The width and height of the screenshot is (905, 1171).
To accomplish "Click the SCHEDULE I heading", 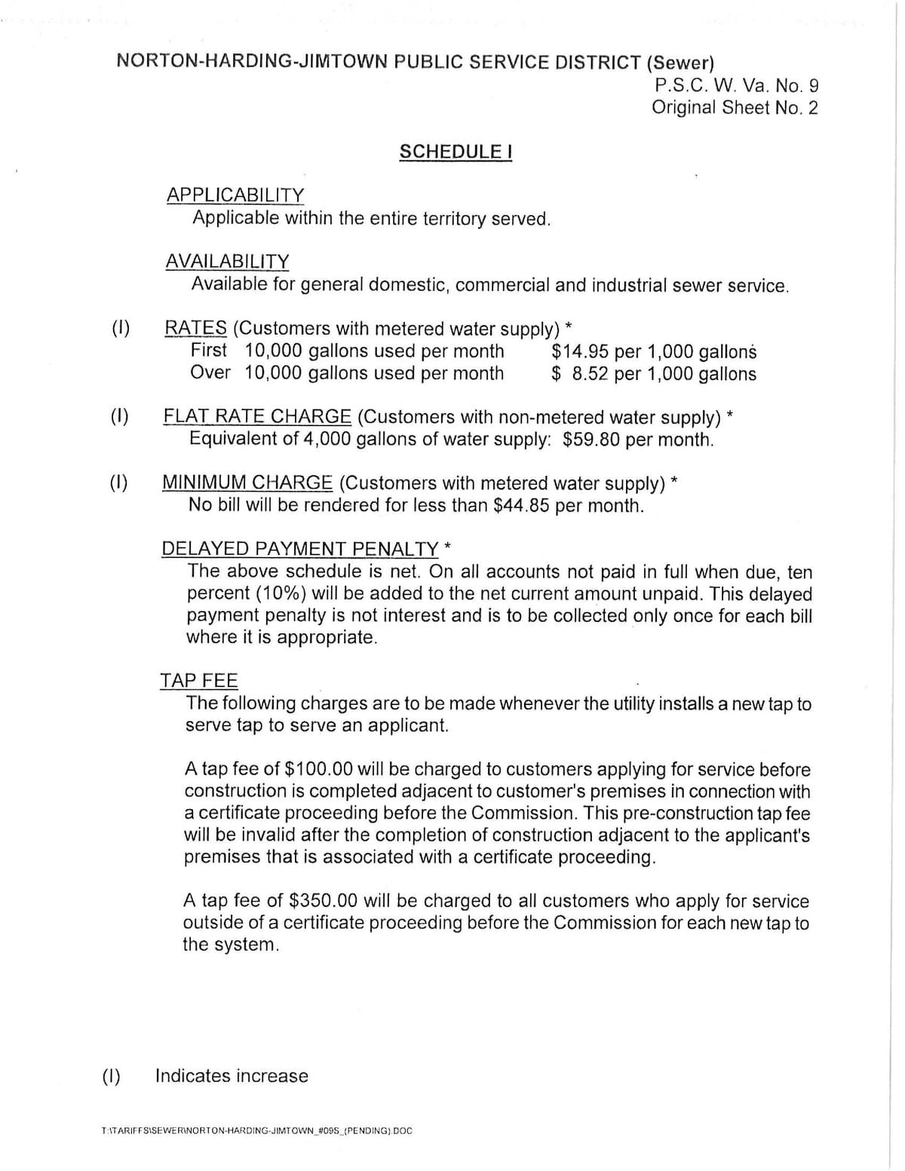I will click(x=456, y=152).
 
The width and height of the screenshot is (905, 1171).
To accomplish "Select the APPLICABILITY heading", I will click(x=235, y=195).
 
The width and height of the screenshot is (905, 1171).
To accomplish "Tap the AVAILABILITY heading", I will click(x=227, y=261).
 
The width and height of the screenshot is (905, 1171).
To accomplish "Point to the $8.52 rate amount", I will click(x=580, y=374).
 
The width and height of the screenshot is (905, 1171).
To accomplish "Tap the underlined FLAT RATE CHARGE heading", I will click(x=257, y=416).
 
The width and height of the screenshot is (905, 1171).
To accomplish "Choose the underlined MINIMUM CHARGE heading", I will click(x=247, y=483).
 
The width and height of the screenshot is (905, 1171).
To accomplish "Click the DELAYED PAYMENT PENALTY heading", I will click(x=299, y=548).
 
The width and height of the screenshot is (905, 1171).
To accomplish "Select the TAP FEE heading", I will click(x=198, y=680).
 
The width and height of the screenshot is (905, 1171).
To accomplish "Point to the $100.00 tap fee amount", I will click(x=318, y=769).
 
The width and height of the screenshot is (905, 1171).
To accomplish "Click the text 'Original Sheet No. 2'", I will click(x=735, y=107).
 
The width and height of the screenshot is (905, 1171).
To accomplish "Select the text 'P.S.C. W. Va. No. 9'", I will click(x=736, y=84).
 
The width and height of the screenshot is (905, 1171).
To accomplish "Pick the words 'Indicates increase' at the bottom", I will click(x=232, y=1075).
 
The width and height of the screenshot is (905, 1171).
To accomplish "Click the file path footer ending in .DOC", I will click(x=256, y=1131).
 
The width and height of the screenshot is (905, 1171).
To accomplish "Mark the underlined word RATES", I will click(x=195, y=328).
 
